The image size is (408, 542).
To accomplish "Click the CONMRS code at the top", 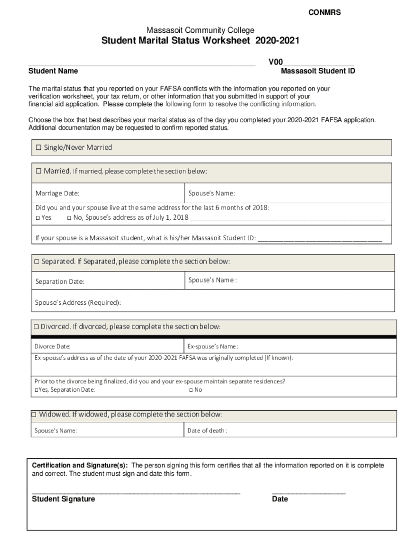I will point(324,13).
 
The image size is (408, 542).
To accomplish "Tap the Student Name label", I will point(53,71).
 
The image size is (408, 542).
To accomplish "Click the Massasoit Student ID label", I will point(318,71).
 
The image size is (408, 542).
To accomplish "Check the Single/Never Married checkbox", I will point(38,148).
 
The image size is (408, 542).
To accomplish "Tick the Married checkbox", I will point(38,171).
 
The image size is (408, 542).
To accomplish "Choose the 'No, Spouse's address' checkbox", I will point(69,218).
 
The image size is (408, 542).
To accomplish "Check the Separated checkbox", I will point(37,262).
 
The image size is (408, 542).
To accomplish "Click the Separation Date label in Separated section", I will point(60,282).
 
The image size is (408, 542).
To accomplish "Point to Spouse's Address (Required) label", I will point(78,303).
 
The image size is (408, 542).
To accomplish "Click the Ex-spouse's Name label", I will point(212,347).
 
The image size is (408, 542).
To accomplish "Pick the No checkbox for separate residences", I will point(190,390).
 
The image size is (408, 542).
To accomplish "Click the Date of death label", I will point(207,430).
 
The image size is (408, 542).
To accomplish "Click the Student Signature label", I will point(64,499).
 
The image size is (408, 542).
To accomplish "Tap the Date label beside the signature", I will point(280,499).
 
